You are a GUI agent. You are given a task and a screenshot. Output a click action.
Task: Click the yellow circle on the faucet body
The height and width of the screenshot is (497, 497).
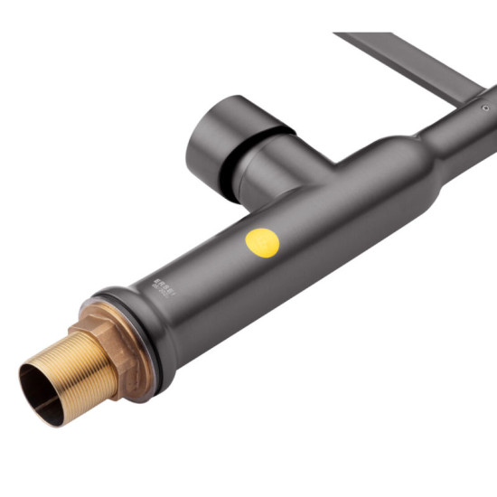(263, 243)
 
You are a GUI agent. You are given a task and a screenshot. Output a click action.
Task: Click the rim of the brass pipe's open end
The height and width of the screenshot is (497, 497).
(27, 380)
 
